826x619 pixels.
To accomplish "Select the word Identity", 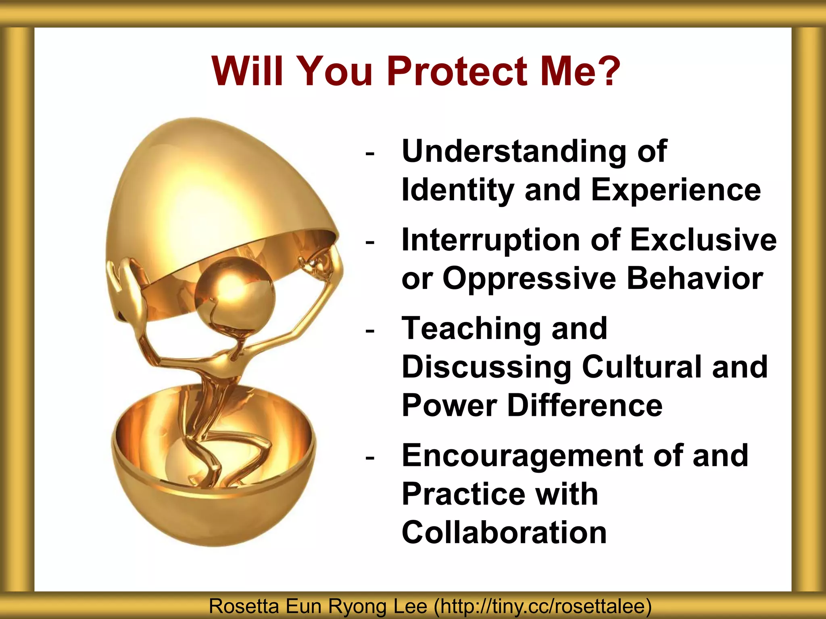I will click(x=457, y=190).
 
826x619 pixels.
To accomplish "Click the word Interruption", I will click(x=490, y=240).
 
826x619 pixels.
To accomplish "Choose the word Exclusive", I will click(x=703, y=240).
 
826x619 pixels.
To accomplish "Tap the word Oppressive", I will click(x=529, y=279).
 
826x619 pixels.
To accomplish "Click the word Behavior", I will click(x=695, y=278).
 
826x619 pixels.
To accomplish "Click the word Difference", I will click(x=585, y=405).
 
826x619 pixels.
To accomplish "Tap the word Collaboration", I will click(x=504, y=533).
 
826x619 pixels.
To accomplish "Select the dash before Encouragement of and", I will click(x=369, y=458).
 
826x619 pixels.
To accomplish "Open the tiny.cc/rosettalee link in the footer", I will click(x=542, y=607).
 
